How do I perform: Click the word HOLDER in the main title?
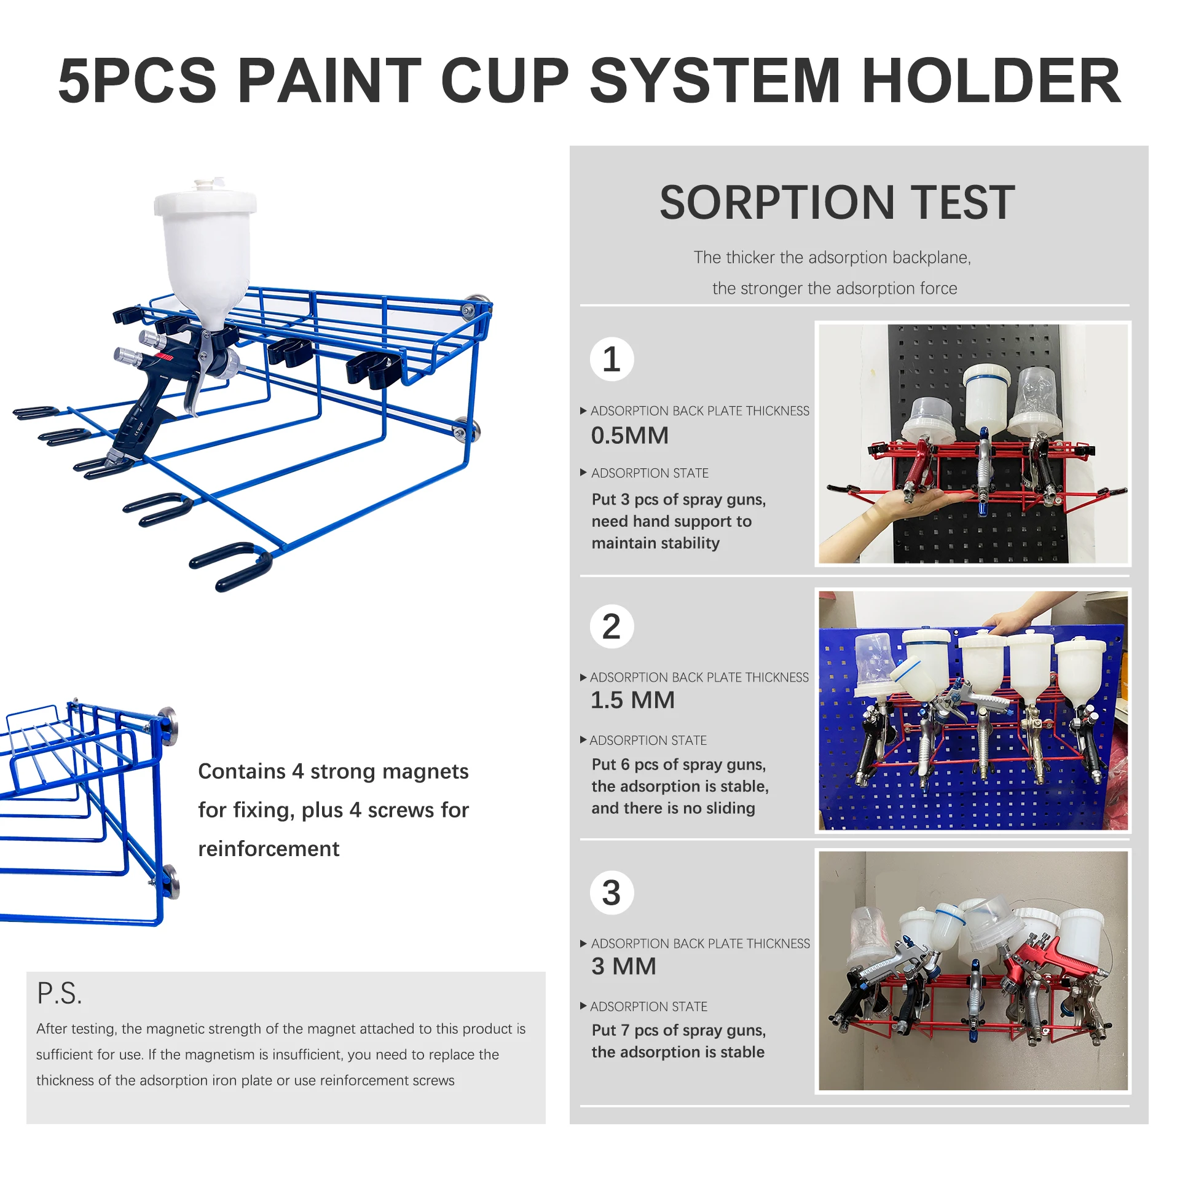coord(992,81)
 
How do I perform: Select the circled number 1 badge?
coord(612,359)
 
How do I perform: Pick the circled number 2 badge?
coord(612,626)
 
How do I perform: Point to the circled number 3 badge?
coord(612,892)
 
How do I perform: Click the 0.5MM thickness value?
coord(630,435)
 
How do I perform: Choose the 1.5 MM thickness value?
coord(632,700)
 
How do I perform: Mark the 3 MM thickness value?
coord(624,966)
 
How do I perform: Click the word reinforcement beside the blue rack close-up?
coord(269,849)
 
